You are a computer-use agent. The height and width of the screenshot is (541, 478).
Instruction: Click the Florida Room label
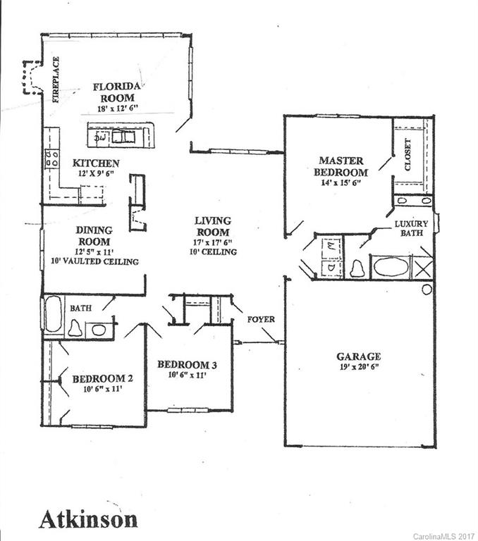(118, 92)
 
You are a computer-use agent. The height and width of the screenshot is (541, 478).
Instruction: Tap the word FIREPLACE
(56, 80)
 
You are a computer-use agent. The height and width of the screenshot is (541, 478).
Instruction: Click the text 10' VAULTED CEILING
(94, 261)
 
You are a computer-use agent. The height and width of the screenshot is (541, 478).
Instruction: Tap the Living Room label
(212, 227)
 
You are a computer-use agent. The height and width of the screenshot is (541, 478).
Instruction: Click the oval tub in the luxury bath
(391, 267)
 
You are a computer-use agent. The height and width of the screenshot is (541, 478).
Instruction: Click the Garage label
(358, 356)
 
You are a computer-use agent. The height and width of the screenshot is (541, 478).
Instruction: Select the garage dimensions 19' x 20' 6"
(358, 367)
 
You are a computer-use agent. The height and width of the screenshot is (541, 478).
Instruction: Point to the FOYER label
(261, 319)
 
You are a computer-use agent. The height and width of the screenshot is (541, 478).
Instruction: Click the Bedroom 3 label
(186, 364)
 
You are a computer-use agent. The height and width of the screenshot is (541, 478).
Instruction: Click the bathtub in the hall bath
(54, 313)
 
